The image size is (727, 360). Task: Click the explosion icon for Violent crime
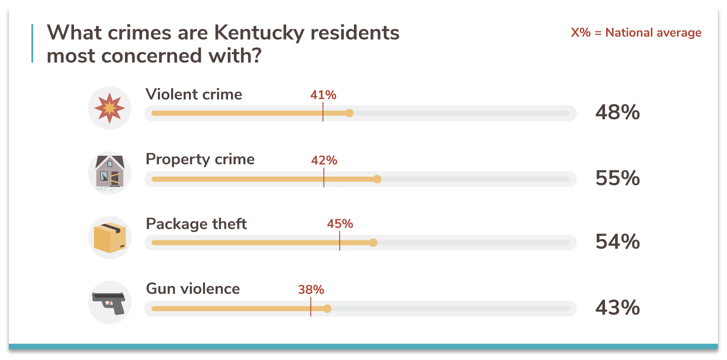(x=110, y=108)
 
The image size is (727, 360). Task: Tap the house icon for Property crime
(x=110, y=173)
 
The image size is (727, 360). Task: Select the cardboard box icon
(x=110, y=238)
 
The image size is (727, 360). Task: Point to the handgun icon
(x=109, y=303)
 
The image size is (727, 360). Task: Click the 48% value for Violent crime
(x=617, y=113)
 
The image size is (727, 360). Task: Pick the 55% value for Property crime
(x=617, y=178)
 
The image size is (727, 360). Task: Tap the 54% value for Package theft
(x=617, y=242)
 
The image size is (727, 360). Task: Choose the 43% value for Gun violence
(x=617, y=308)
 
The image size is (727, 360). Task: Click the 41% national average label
(x=323, y=95)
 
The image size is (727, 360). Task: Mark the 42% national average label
(x=324, y=160)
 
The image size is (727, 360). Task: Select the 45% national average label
(x=340, y=224)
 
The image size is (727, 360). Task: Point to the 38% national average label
(x=311, y=290)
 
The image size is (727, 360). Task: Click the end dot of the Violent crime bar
(x=349, y=113)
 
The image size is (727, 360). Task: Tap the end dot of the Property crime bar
(x=377, y=179)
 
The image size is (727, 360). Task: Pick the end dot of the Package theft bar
(x=373, y=243)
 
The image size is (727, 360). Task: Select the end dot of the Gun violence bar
(x=327, y=309)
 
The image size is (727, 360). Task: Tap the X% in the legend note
(x=581, y=33)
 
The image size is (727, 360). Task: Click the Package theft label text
(x=196, y=224)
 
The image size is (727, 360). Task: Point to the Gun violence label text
(x=193, y=289)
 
